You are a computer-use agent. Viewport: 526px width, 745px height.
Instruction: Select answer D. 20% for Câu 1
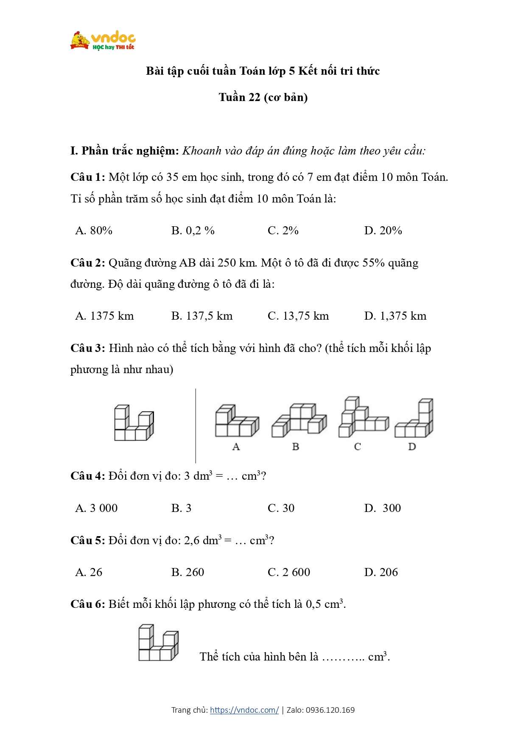383,231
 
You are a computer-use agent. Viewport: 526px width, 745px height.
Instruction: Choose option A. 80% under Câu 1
94,231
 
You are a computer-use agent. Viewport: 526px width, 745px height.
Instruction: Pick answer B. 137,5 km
202,316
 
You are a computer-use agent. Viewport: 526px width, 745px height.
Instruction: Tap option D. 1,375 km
395,316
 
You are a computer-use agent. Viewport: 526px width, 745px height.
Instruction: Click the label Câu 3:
87,348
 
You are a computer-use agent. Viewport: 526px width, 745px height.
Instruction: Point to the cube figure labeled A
237,422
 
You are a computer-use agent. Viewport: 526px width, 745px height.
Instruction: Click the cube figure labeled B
299,420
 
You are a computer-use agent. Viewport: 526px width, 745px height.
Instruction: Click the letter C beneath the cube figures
357,447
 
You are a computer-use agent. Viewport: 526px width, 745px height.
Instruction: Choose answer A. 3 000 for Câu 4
96,508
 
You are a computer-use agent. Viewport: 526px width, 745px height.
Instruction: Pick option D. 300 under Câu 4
382,508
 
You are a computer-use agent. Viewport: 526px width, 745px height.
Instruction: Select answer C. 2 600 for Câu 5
289,572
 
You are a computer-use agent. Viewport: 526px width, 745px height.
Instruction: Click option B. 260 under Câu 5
187,572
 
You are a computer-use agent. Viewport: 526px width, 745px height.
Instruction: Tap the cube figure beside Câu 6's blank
158,643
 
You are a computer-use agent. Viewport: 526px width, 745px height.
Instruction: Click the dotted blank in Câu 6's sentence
343,657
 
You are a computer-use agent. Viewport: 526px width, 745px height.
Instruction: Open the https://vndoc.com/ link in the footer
244,710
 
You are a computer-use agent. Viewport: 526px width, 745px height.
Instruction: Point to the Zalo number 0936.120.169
330,710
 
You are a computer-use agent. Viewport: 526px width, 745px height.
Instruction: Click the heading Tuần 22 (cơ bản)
263,97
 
